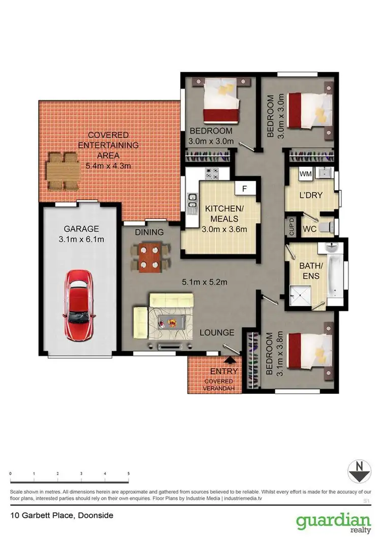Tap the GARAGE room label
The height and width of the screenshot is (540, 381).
click(81, 229)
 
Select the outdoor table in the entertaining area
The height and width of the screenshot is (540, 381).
click(63, 170)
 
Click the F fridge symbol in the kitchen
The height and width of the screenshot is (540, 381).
click(244, 189)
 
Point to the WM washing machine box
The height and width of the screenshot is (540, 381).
click(306, 174)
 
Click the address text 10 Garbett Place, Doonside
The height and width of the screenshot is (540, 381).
click(61, 515)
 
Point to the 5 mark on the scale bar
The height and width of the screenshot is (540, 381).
click(129, 474)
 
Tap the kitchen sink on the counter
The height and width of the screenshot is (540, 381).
click(193, 202)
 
